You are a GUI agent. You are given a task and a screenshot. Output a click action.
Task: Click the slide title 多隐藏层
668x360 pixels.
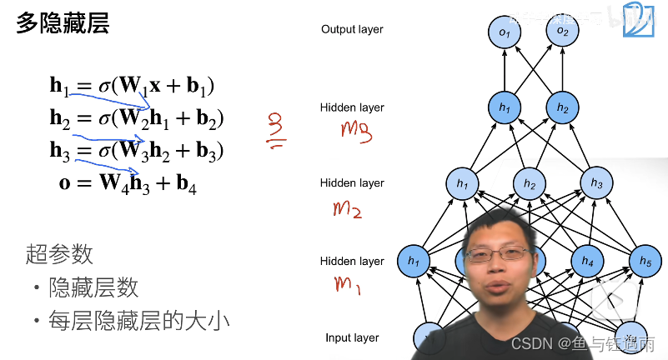pyautogui.click(x=63, y=23)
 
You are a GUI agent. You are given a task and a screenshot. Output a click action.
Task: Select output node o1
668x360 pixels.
pyautogui.click(x=505, y=32)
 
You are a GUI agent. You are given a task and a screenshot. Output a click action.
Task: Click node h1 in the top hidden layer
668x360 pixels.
pyautogui.click(x=505, y=107)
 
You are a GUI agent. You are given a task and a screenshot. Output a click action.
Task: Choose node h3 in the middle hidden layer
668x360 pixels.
pyautogui.click(x=595, y=183)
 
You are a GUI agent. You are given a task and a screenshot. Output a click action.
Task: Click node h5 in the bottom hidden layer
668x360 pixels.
pyautogui.click(x=645, y=261)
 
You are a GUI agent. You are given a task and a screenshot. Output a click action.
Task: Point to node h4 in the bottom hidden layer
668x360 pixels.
pyautogui.click(x=587, y=262)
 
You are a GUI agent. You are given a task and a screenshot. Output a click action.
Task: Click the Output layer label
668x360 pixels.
pyautogui.click(x=352, y=29)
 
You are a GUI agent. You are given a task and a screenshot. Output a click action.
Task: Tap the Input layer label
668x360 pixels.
pyautogui.click(x=352, y=337)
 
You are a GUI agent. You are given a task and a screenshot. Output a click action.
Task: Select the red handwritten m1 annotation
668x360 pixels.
pyautogui.click(x=348, y=286)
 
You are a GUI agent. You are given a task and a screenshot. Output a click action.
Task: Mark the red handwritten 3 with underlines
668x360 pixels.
pyautogui.click(x=274, y=131)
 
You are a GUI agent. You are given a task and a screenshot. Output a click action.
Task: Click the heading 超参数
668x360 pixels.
pyautogui.click(x=59, y=254)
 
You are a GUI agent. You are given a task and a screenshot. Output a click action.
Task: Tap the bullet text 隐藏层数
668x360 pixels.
pyautogui.click(x=93, y=288)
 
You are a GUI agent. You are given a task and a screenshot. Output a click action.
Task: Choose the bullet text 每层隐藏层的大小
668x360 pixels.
pyautogui.click(x=138, y=320)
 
